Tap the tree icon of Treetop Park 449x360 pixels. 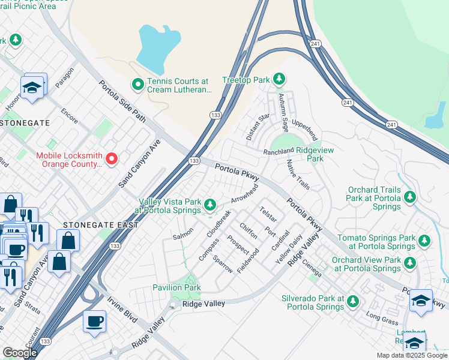coord(279,79)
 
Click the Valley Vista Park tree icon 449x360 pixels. coord(209,205)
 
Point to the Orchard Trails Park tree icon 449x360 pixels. coord(410,197)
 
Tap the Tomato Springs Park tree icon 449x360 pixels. coord(424,241)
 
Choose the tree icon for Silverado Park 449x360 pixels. coord(354,302)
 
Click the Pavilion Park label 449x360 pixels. coord(176,287)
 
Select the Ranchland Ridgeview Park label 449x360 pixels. coord(299,155)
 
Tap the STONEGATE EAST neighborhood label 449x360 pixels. coord(100,225)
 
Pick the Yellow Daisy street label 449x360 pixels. coord(289,245)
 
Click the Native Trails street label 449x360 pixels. coord(298,175)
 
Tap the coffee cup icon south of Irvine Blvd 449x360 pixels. coord(94,322)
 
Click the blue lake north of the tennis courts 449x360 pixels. coord(157,47)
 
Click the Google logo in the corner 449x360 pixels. coord(19,353)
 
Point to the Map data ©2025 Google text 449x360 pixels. coord(411,355)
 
